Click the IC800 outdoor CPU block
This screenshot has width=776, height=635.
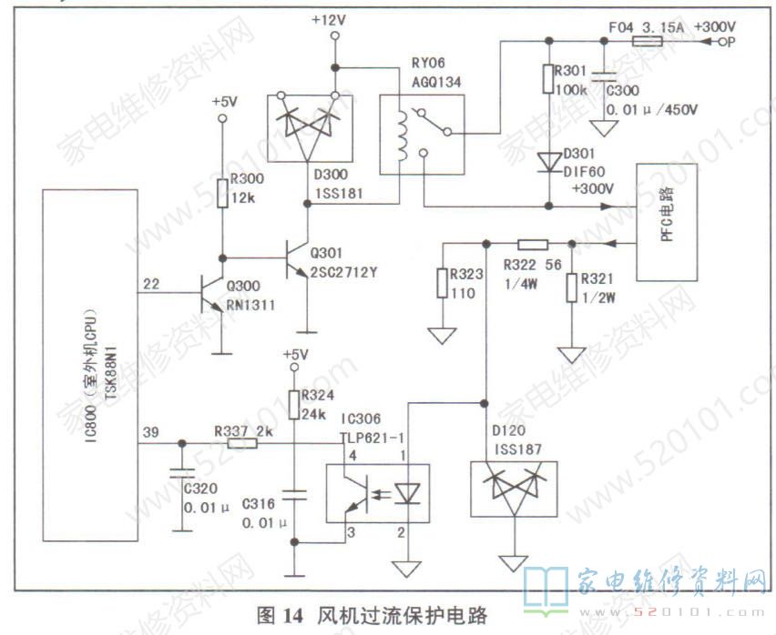click(x=89, y=364)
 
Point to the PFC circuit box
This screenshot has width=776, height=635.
click(x=668, y=222)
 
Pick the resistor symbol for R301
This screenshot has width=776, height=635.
click(x=548, y=78)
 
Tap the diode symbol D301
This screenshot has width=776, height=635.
click(x=548, y=161)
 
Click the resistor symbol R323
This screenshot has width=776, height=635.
click(x=443, y=283)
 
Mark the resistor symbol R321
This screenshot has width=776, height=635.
click(x=571, y=287)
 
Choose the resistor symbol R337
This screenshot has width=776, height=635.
click(x=241, y=443)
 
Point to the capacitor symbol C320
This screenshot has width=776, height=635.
click(x=182, y=475)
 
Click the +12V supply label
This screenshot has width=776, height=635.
click(x=328, y=18)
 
